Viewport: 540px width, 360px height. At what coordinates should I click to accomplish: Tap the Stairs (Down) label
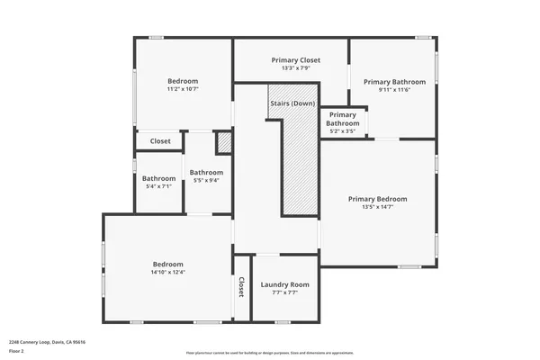(x=292, y=103)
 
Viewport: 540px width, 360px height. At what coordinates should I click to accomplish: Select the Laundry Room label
(x=284, y=284)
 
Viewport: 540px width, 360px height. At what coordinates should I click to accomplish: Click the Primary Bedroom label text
(x=378, y=199)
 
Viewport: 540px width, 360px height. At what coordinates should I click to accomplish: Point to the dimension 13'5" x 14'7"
(x=378, y=207)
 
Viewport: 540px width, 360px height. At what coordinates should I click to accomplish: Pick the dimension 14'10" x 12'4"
(x=167, y=272)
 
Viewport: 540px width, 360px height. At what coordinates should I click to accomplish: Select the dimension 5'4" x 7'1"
(x=158, y=186)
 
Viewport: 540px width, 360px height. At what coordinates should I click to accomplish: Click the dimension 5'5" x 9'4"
(x=205, y=180)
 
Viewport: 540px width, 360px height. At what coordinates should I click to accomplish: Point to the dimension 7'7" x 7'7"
(x=284, y=292)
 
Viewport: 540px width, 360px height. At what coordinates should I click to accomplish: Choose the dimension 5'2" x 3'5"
(x=342, y=131)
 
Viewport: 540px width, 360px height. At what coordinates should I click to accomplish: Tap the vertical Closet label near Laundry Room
(x=241, y=287)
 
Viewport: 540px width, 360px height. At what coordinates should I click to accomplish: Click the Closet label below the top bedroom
(x=160, y=141)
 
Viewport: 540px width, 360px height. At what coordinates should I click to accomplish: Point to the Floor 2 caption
(x=16, y=351)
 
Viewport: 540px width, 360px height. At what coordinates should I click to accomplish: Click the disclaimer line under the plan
(x=270, y=352)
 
